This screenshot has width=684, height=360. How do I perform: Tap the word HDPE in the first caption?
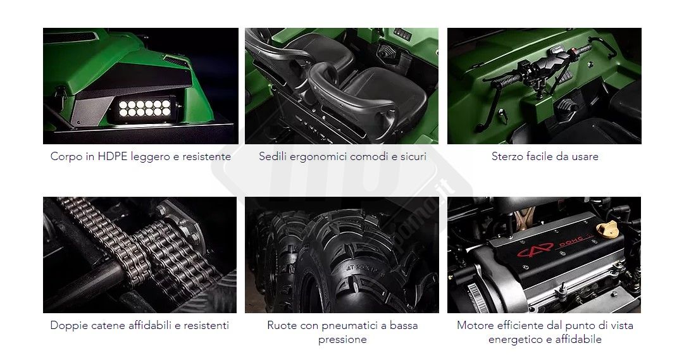tap(111, 156)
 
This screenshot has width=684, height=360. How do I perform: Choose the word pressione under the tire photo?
tap(342, 340)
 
